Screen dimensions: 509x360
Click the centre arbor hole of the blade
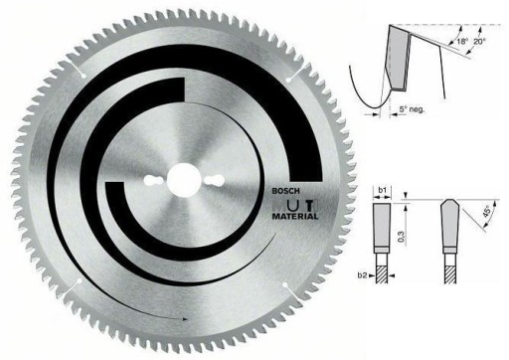[x=181, y=181]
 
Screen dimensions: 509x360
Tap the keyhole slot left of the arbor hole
[x=153, y=181]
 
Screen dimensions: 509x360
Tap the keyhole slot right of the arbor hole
[x=214, y=180]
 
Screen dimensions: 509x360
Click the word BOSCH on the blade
[x=285, y=191]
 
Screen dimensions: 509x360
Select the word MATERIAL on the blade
[x=295, y=217]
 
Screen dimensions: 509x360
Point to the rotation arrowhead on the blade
[x=185, y=319]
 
